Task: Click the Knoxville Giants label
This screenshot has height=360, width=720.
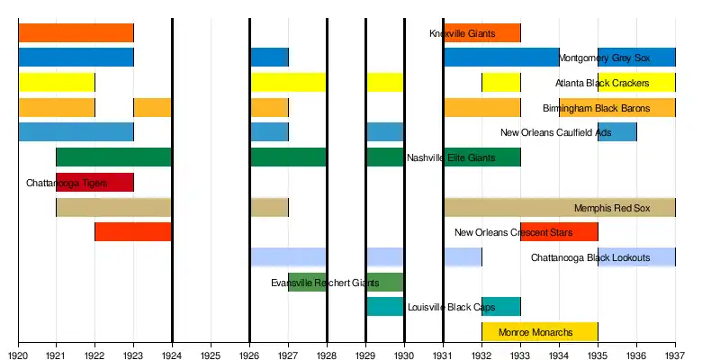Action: (462, 34)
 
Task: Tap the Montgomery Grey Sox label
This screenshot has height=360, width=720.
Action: (604, 58)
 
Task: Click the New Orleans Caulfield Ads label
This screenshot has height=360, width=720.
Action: (555, 133)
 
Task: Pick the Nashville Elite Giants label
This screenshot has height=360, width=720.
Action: (450, 158)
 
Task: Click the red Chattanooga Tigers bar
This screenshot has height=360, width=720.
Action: (94, 182)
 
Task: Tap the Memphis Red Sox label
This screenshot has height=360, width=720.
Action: (611, 208)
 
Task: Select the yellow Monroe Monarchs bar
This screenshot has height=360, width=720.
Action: (540, 331)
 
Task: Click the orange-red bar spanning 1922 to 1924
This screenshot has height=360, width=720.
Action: (133, 231)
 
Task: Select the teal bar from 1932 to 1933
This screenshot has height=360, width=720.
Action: (500, 306)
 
